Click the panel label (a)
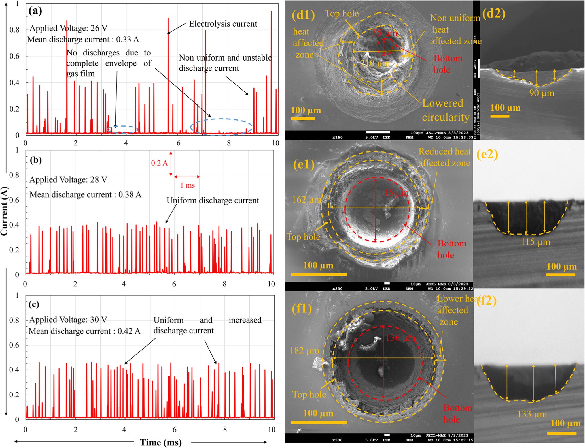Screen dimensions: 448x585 click(x=35, y=11)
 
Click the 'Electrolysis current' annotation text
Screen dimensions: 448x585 click(x=223, y=24)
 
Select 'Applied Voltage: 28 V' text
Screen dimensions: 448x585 click(x=68, y=180)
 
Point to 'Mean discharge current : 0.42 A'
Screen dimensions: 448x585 click(x=84, y=331)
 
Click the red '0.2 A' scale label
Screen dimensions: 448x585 click(x=159, y=163)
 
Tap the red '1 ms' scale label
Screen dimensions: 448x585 click(x=187, y=185)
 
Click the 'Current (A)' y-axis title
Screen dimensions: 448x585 click(x=4, y=211)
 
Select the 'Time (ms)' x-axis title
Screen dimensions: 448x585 click(x=160, y=442)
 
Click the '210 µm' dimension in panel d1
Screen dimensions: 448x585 click(x=375, y=63)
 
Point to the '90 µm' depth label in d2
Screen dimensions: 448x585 click(x=541, y=93)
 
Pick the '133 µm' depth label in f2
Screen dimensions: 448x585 click(x=532, y=414)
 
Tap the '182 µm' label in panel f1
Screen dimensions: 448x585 click(x=304, y=351)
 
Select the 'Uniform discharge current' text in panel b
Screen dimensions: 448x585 click(x=213, y=200)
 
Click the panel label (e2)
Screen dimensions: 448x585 click(x=487, y=155)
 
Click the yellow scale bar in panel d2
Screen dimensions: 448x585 click(x=500, y=116)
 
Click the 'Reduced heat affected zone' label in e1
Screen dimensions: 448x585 click(x=444, y=157)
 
